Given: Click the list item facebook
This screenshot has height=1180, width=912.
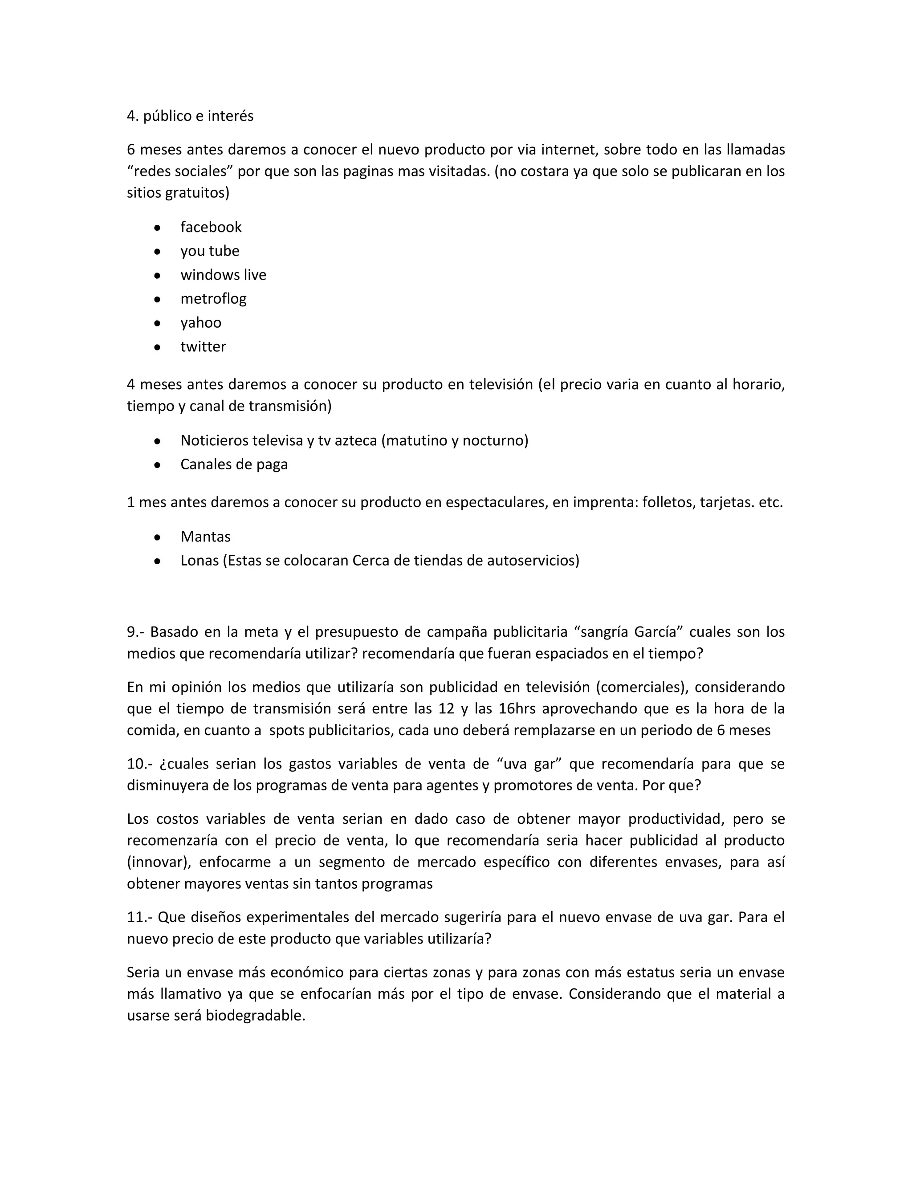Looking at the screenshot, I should (x=211, y=227).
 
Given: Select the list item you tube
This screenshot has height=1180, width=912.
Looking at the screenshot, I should (x=210, y=251).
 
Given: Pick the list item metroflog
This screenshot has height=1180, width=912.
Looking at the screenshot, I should (x=213, y=299).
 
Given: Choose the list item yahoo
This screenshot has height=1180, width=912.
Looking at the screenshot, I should (x=200, y=322).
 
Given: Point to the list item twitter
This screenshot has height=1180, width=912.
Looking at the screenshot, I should (x=203, y=346).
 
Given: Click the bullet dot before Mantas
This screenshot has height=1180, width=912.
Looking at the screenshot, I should (x=157, y=537).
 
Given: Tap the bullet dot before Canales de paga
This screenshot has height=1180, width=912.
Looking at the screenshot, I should (x=157, y=464).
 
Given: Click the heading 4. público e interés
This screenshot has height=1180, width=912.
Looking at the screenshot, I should (x=190, y=116).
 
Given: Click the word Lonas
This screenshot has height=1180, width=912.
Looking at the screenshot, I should (x=199, y=560).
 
